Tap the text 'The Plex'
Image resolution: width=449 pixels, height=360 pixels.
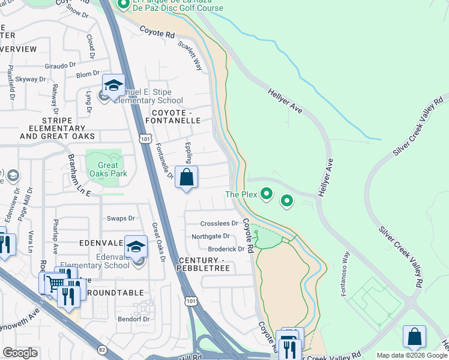click(x=241, y=194)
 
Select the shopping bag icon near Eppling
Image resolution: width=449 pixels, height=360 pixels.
click(x=187, y=178)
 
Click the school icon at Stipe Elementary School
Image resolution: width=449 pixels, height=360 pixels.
click(x=113, y=86)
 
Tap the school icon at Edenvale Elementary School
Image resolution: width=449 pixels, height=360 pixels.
click(x=136, y=246)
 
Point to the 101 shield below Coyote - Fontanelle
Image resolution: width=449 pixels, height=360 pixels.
click(x=146, y=139)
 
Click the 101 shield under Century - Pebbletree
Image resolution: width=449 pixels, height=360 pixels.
click(x=191, y=300)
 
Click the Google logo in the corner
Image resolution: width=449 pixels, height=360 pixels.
click(x=20, y=353)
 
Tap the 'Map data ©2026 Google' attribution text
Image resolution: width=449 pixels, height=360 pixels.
click(x=412, y=355)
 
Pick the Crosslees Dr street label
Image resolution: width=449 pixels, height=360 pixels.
click(x=219, y=223)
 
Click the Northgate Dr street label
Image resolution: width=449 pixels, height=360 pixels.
click(x=211, y=236)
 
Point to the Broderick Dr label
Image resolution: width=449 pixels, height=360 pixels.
click(x=226, y=249)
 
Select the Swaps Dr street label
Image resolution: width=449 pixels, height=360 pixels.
click(x=120, y=218)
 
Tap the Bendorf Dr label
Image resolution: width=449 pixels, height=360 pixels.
click(x=133, y=319)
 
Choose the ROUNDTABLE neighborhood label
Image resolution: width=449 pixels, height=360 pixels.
click(x=115, y=293)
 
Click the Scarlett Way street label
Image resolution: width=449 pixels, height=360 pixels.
click(x=190, y=56)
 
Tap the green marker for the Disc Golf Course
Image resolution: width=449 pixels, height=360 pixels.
click(x=123, y=5)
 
